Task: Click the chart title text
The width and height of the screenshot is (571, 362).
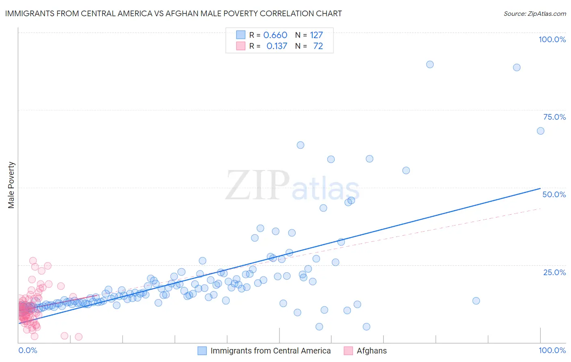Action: click(x=173, y=13)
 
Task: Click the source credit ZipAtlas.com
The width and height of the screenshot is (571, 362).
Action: click(x=534, y=13)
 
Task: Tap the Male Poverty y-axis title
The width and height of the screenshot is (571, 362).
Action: click(x=11, y=185)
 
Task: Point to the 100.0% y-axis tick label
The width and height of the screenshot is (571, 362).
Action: click(x=552, y=39)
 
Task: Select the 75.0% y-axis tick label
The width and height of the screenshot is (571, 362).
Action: click(x=554, y=117)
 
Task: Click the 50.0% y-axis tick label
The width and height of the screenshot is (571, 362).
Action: click(x=554, y=194)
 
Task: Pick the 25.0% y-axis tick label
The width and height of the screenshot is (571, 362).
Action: click(x=554, y=272)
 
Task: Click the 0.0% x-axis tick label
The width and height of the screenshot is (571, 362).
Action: click(x=28, y=350)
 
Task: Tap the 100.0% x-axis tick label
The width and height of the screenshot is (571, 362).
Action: click(x=552, y=350)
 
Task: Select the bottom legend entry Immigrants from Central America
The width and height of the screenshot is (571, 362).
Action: click(x=270, y=351)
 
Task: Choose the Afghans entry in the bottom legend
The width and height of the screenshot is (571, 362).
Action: click(x=372, y=351)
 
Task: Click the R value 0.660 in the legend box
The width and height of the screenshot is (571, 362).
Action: click(x=275, y=35)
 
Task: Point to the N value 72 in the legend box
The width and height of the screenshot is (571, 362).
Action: click(x=318, y=46)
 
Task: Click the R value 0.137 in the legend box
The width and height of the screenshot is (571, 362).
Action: click(x=277, y=46)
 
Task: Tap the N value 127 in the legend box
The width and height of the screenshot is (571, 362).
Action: click(x=316, y=35)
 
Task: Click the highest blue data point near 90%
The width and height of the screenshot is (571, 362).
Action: click(x=430, y=65)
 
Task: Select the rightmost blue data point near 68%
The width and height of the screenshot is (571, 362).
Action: click(x=541, y=131)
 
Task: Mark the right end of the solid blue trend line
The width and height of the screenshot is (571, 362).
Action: click(x=540, y=188)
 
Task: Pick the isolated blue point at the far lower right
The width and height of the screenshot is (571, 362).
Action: click(x=476, y=301)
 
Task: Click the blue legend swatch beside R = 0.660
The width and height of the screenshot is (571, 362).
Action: click(x=241, y=35)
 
